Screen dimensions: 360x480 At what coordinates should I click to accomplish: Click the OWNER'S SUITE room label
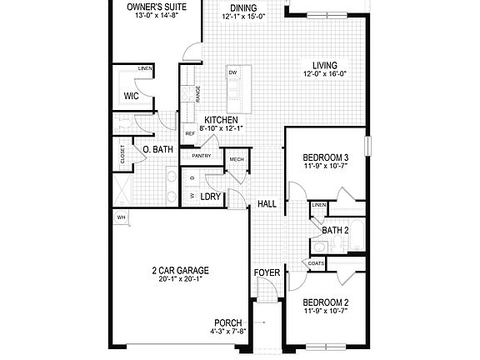(156, 7)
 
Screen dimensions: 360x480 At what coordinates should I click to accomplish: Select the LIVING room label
(325, 66)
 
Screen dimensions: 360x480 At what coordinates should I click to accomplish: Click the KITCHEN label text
(222, 119)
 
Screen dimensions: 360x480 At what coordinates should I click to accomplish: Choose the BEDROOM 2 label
(325, 302)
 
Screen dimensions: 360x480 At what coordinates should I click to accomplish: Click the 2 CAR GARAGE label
(180, 271)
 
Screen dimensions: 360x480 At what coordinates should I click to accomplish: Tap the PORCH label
(227, 322)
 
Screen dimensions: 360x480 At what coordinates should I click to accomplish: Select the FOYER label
(267, 272)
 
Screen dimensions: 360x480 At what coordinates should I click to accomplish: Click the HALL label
(267, 204)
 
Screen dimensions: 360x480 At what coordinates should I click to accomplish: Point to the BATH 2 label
(334, 230)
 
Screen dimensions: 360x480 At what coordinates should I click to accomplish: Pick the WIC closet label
(132, 96)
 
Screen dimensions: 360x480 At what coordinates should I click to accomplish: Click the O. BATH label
(157, 150)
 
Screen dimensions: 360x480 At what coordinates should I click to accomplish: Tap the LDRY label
(209, 197)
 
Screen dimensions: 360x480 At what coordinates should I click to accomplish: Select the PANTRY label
(202, 156)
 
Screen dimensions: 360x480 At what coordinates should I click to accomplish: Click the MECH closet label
(236, 159)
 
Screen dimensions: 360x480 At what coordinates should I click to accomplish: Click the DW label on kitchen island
(232, 73)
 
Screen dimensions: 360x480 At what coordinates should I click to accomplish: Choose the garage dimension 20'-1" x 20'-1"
(180, 280)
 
